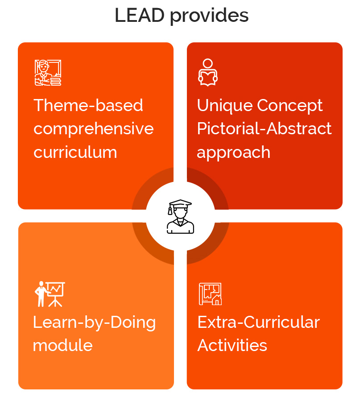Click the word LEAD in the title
coord(140,15)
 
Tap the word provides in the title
coord(209,17)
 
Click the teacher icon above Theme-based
coord(48,73)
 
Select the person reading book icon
coord(208,72)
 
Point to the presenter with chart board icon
coord(50,294)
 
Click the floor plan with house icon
coord(210,294)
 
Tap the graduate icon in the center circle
coord(180,216)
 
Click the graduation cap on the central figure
coord(180,204)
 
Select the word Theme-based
coord(88,105)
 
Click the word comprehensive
coord(94,129)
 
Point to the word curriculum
coord(75,152)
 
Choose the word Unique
coord(225,106)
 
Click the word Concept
coord(290,106)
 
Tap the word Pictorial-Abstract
coord(265,128)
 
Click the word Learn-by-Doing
coord(94,323)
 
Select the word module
coord(62,345)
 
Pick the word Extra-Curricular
coord(258,322)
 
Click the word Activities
coord(232,345)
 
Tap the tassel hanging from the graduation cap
coord(170,210)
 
